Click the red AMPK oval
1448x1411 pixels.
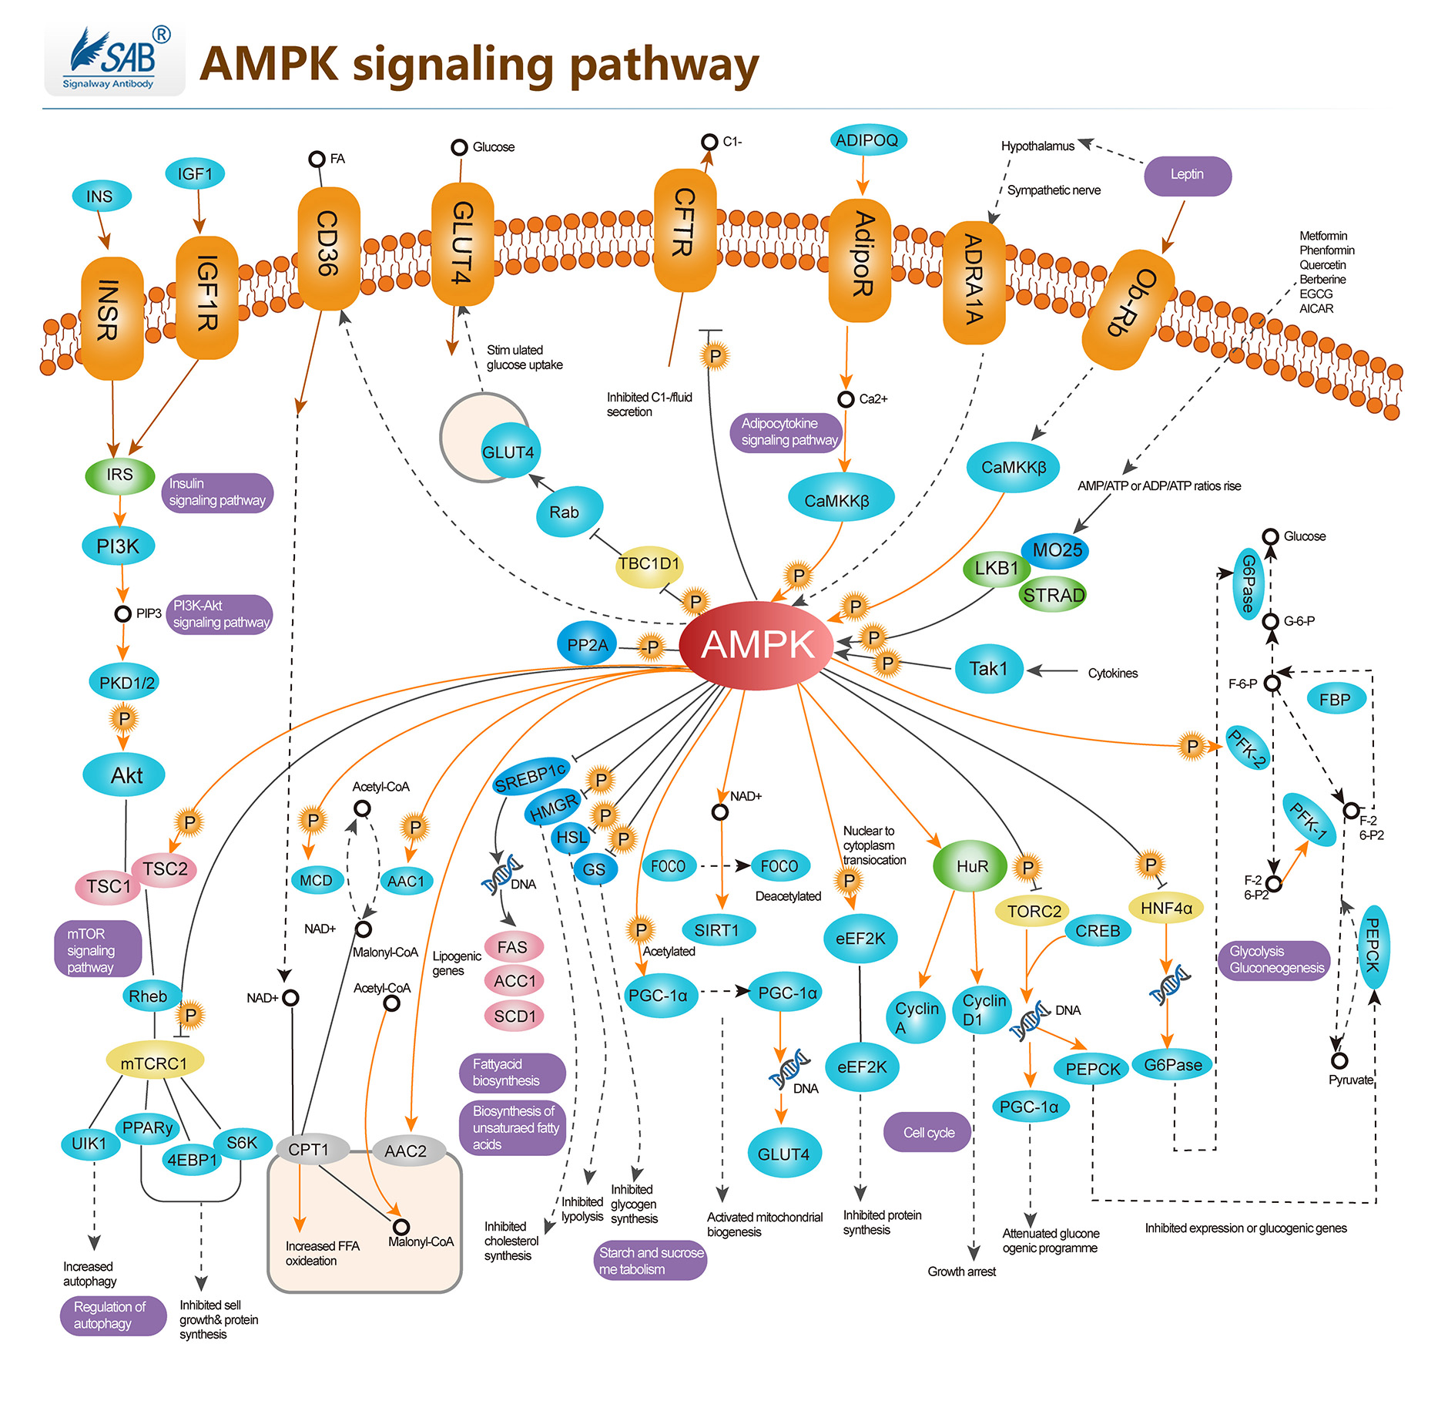tap(757, 645)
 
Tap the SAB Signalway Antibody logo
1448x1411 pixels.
tap(115, 61)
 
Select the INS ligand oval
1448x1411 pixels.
tap(101, 197)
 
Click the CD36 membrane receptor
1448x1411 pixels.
tap(329, 247)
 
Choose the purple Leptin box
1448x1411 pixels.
tap(1187, 175)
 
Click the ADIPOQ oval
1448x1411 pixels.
tap(867, 140)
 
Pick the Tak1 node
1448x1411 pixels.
tap(988, 669)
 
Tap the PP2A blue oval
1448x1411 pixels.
tap(587, 645)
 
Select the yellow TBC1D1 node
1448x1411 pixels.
tap(649, 565)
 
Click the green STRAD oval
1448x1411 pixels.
tap(1053, 595)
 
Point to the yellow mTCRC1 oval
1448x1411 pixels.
tap(154, 1063)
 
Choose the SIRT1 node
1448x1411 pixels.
tap(717, 930)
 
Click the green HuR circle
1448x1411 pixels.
tap(971, 866)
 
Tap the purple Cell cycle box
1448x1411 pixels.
tap(928, 1132)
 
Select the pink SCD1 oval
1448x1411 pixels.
tap(515, 1016)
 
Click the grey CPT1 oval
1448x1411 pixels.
tap(310, 1150)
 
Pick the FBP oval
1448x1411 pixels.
tap(1335, 700)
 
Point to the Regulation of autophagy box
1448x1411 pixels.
tap(112, 1315)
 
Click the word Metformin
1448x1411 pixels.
tap(1323, 236)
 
